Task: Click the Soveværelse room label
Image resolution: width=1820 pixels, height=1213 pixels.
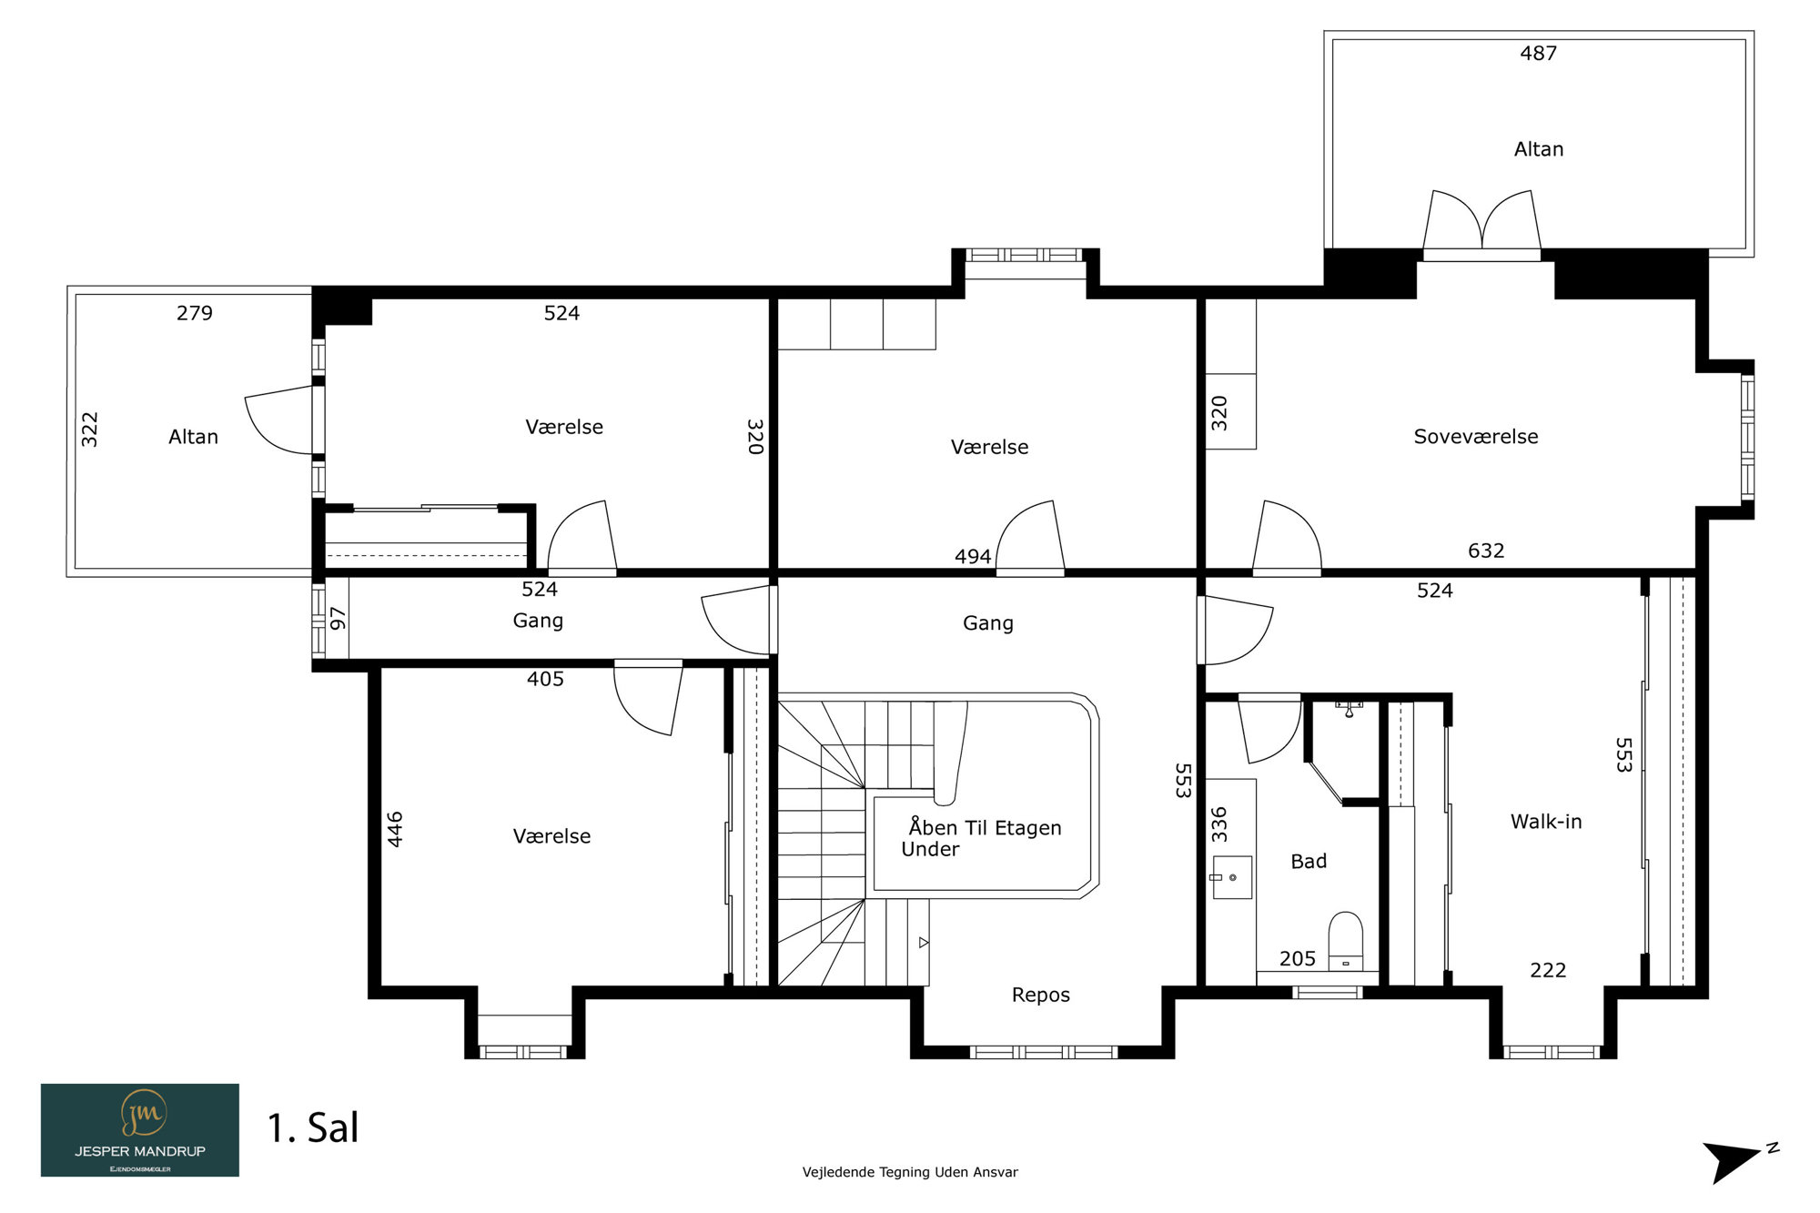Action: tap(1475, 437)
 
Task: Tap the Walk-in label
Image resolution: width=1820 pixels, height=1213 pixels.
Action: tap(1546, 822)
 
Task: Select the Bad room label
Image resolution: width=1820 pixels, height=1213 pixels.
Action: tap(1309, 861)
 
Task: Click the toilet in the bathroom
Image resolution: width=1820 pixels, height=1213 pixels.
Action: tap(1345, 942)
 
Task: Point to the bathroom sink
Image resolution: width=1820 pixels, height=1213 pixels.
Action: tap(1232, 877)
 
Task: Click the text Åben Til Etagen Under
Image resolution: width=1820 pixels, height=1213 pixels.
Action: tap(981, 838)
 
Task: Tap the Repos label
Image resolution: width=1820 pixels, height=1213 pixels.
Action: tap(1040, 996)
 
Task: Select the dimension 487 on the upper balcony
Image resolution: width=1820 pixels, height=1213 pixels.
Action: tap(1538, 54)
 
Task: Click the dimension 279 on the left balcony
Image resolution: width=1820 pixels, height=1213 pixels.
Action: tap(194, 313)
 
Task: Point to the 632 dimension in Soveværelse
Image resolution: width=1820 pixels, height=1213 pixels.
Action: tap(1485, 551)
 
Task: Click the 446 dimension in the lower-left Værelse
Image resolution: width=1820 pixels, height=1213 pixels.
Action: tap(395, 829)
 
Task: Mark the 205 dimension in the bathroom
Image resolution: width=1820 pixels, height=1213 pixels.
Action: tap(1297, 959)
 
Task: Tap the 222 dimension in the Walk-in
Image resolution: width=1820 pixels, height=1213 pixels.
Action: tap(1547, 971)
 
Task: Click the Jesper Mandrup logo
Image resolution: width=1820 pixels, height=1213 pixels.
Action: tap(140, 1130)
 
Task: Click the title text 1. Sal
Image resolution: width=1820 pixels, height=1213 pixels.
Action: tap(312, 1128)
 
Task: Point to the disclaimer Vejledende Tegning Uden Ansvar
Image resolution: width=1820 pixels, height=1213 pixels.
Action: tap(910, 1172)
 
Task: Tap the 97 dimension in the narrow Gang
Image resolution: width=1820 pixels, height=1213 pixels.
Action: tap(338, 619)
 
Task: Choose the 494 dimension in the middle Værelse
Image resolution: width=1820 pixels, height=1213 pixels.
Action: tap(972, 557)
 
